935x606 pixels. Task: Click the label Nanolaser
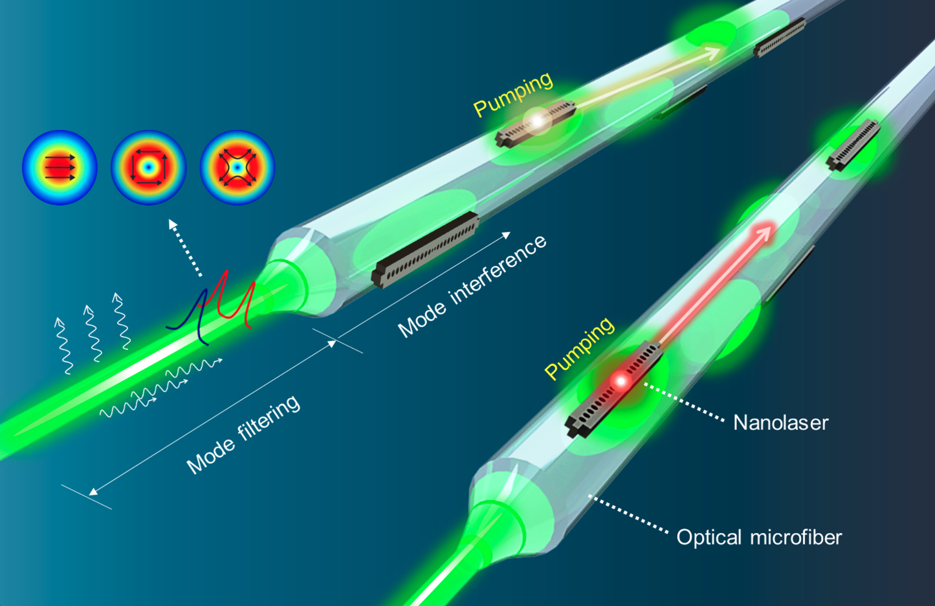(x=780, y=423)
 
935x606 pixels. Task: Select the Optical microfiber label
(x=759, y=537)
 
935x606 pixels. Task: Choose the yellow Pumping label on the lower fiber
(x=579, y=348)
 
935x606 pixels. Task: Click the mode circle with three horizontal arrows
(x=60, y=168)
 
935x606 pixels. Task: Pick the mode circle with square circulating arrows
(x=148, y=168)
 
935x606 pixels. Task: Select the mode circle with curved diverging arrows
(x=237, y=168)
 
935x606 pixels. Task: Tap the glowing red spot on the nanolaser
(x=621, y=381)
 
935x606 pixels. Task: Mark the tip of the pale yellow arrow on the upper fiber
(x=720, y=49)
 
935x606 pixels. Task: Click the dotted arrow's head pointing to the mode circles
(x=171, y=221)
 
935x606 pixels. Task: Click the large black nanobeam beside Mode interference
(x=425, y=250)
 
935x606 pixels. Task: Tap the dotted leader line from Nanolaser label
(x=684, y=402)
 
